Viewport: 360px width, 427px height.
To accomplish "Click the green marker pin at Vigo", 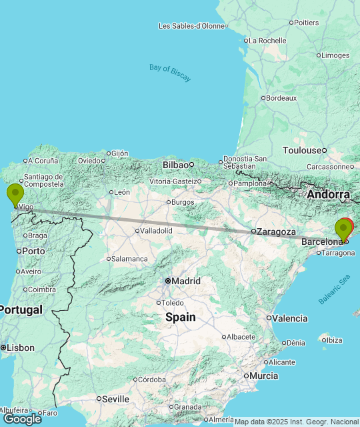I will pyautogui.click(x=15, y=195).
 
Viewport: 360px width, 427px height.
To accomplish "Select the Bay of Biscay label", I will pyautogui.click(x=170, y=72).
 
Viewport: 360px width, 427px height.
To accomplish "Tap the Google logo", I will pyautogui.click(x=21, y=418).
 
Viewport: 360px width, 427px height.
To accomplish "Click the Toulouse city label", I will pyautogui.click(x=302, y=150).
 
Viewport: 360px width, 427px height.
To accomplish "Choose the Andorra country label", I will pyautogui.click(x=327, y=194).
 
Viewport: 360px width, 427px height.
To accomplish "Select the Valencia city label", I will pyautogui.click(x=290, y=318).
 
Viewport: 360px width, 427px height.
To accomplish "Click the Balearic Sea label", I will pyautogui.click(x=334, y=289).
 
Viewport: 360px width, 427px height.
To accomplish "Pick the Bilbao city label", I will pyautogui.click(x=175, y=164).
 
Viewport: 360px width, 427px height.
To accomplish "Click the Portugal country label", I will pyautogui.click(x=21, y=310).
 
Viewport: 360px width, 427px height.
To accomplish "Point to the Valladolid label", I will pyautogui.click(x=156, y=230).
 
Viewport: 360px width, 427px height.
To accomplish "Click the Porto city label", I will pyautogui.click(x=33, y=251).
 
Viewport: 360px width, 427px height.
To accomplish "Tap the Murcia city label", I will pyautogui.click(x=264, y=376).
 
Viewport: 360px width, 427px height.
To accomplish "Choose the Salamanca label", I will pyautogui.click(x=130, y=258).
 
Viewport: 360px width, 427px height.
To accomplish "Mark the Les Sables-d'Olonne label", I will pyautogui.click(x=191, y=26).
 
